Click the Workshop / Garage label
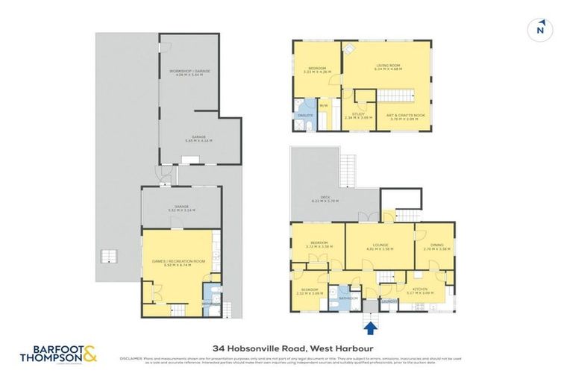pos(190,70)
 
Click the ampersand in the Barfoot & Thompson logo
pos(89,353)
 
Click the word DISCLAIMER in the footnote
pos(131,359)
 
